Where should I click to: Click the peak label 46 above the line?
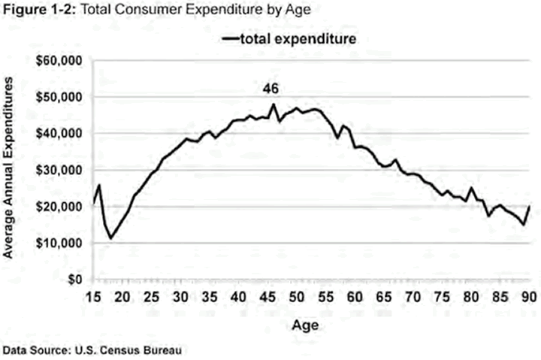tap(270, 89)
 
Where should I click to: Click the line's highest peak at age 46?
tap(273, 104)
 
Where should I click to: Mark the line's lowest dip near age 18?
tap(110, 238)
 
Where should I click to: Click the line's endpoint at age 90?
tap(530, 206)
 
